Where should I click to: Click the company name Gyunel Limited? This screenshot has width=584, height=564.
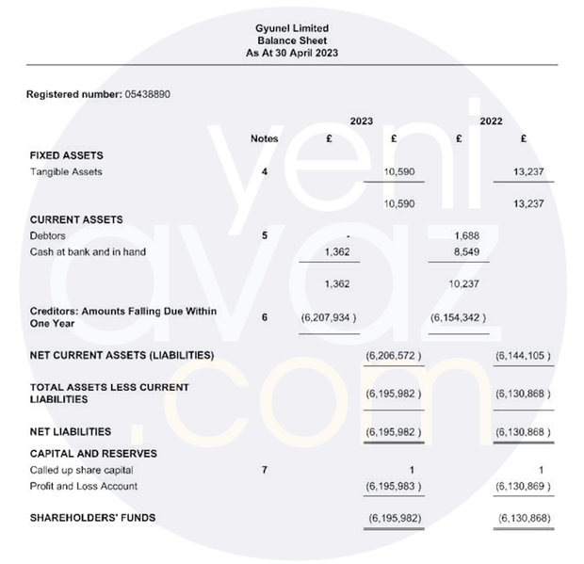click(x=291, y=29)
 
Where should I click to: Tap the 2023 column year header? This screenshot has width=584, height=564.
click(x=361, y=121)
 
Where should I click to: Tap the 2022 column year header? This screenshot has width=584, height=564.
click(x=491, y=121)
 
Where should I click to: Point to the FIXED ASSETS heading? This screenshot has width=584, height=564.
click(x=66, y=155)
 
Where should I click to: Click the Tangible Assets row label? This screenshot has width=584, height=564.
click(x=66, y=172)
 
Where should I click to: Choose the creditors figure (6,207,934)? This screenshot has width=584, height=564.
click(x=329, y=317)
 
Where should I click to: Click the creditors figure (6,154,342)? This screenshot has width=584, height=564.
click(x=458, y=317)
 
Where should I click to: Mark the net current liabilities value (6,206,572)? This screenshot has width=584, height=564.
click(x=393, y=355)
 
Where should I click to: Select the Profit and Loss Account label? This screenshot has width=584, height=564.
click(x=84, y=486)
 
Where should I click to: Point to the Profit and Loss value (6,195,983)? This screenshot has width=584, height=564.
click(x=393, y=486)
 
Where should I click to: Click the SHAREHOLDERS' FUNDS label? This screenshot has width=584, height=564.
click(x=93, y=518)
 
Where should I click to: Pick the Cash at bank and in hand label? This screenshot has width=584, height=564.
click(x=88, y=251)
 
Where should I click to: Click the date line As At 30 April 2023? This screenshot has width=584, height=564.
click(x=291, y=54)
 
